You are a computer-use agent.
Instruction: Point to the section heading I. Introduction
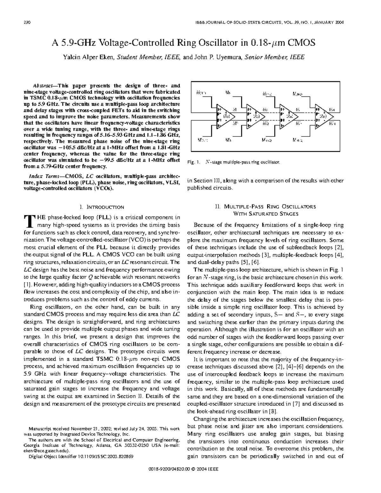click(102, 207)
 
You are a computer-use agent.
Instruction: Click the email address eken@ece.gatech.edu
click(46, 451)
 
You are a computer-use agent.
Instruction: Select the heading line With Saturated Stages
click(265, 214)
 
